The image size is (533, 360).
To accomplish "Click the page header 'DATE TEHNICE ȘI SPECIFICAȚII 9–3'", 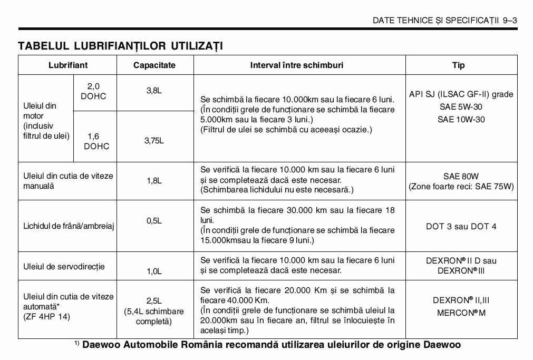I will coord(444,21).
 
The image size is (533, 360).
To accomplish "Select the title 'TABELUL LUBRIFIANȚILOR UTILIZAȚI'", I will coord(120,46).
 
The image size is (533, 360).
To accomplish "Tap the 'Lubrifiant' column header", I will coord(68,65).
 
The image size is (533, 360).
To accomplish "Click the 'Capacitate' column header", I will coord(154,65).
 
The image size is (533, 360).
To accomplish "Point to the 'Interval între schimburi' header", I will coord(297,65).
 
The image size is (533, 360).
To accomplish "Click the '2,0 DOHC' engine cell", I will coord(93,91).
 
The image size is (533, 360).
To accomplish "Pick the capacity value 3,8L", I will coord(154,91).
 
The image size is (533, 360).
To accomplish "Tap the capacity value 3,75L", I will coord(154,141).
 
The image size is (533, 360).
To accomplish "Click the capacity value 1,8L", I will coord(154,181).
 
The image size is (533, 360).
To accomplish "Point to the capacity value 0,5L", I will coord(154,221).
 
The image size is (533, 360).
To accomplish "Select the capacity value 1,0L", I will coord(154,271).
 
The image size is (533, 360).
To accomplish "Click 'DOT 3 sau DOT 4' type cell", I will coord(461,227).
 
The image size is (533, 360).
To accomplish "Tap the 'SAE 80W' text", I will coord(461,176).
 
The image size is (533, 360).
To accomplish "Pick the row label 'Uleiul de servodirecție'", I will coord(64,267).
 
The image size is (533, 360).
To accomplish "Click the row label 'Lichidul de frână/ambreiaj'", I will coord(69,226).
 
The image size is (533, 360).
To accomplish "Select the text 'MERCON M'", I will coord(461,313).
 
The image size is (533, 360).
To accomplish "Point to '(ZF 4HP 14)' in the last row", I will coord(46,317).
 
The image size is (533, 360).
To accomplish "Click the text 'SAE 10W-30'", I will coord(461,120).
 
